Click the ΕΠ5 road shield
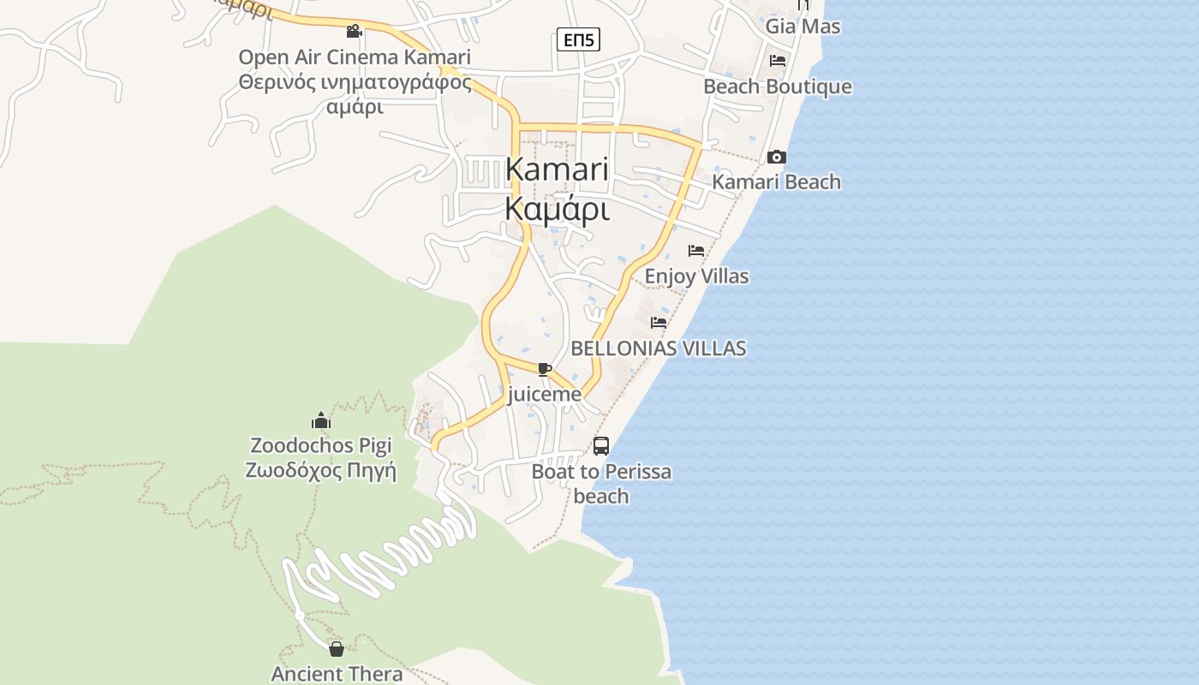(578, 39)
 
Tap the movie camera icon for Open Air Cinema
(354, 32)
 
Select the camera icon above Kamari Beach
(777, 157)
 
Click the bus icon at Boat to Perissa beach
(601, 446)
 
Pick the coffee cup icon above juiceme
(544, 369)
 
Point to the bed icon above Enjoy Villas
(696, 251)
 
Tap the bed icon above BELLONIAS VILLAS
(659, 323)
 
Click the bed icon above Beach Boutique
(778, 61)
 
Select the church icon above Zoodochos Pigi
(321, 420)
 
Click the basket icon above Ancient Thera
(337, 649)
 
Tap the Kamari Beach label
(777, 182)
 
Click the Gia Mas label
(802, 27)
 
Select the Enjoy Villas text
(696, 277)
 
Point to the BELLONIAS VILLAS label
(659, 348)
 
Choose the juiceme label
(545, 395)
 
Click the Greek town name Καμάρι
(557, 209)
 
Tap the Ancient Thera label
(337, 674)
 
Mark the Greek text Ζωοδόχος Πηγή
(321, 471)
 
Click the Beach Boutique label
(777, 86)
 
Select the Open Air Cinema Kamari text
(355, 57)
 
